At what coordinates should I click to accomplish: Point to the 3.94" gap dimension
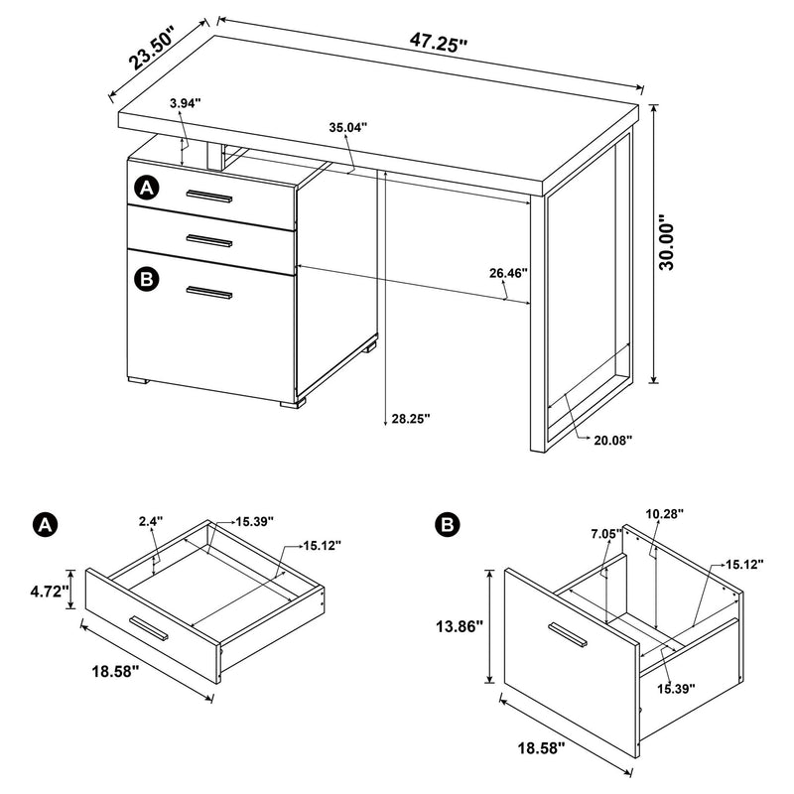(186, 102)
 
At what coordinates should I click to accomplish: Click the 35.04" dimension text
(347, 127)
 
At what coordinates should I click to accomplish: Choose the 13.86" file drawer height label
(458, 626)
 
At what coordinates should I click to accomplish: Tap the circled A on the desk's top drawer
(147, 187)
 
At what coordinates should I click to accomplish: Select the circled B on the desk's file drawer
(147, 280)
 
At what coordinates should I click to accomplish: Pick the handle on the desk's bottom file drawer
(208, 292)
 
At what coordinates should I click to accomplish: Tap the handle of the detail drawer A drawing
(150, 628)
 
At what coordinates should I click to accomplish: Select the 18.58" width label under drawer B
(539, 745)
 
